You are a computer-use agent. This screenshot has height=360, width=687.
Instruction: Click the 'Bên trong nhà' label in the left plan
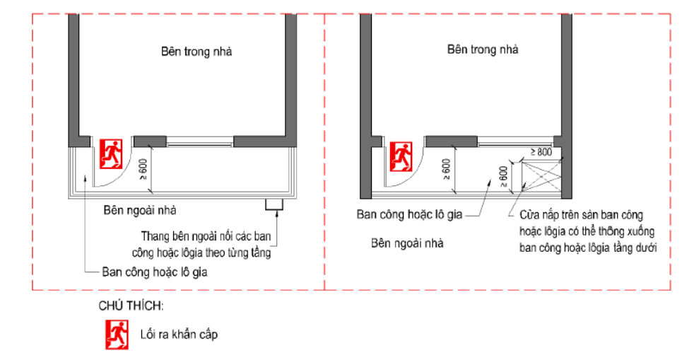[196, 52]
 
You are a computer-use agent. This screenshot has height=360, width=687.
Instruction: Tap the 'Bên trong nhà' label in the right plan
[483, 50]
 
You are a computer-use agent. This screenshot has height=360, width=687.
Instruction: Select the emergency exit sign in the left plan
[111, 154]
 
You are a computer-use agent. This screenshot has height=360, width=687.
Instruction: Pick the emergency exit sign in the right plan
[401, 156]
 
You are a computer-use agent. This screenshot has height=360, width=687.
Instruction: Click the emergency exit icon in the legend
[117, 335]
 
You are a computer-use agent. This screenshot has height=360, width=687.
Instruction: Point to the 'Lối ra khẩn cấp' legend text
[179, 335]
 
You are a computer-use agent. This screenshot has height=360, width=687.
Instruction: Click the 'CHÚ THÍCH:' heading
[131, 306]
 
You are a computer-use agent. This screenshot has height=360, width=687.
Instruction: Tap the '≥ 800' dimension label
[541, 152]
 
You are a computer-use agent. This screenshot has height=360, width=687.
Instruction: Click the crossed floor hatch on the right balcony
[541, 176]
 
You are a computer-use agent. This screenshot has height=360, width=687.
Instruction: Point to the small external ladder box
[274, 205]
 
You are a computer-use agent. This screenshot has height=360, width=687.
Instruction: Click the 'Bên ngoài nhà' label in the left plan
[140, 211]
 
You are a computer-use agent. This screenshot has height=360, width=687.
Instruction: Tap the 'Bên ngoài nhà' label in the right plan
[407, 243]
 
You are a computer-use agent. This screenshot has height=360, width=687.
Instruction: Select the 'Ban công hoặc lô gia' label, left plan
[155, 272]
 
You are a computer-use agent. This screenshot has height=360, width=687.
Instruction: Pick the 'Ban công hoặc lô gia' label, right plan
[409, 214]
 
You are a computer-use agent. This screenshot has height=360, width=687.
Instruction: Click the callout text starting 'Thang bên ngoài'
[201, 244]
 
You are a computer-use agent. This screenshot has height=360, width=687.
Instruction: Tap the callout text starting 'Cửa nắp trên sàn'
[588, 231]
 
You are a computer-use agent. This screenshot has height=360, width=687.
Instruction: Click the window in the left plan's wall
[200, 141]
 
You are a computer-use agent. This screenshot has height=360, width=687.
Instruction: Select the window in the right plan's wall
[515, 141]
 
